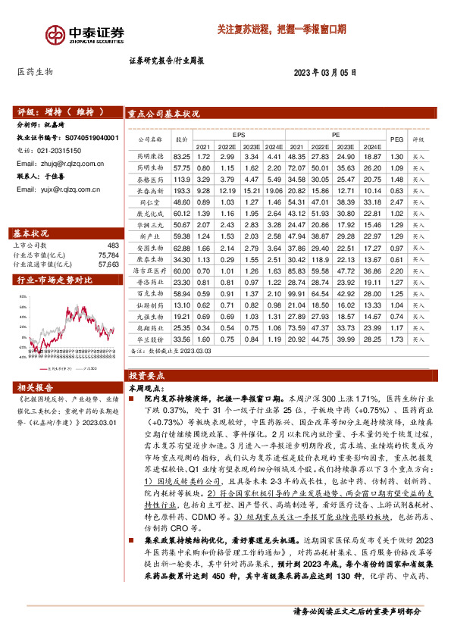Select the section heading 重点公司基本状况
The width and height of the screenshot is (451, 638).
tap(164, 114)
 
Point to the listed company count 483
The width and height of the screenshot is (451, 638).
tap(113, 246)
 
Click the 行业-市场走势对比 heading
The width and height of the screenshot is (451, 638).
tap(55, 280)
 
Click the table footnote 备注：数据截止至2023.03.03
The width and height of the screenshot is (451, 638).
tap(171, 352)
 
